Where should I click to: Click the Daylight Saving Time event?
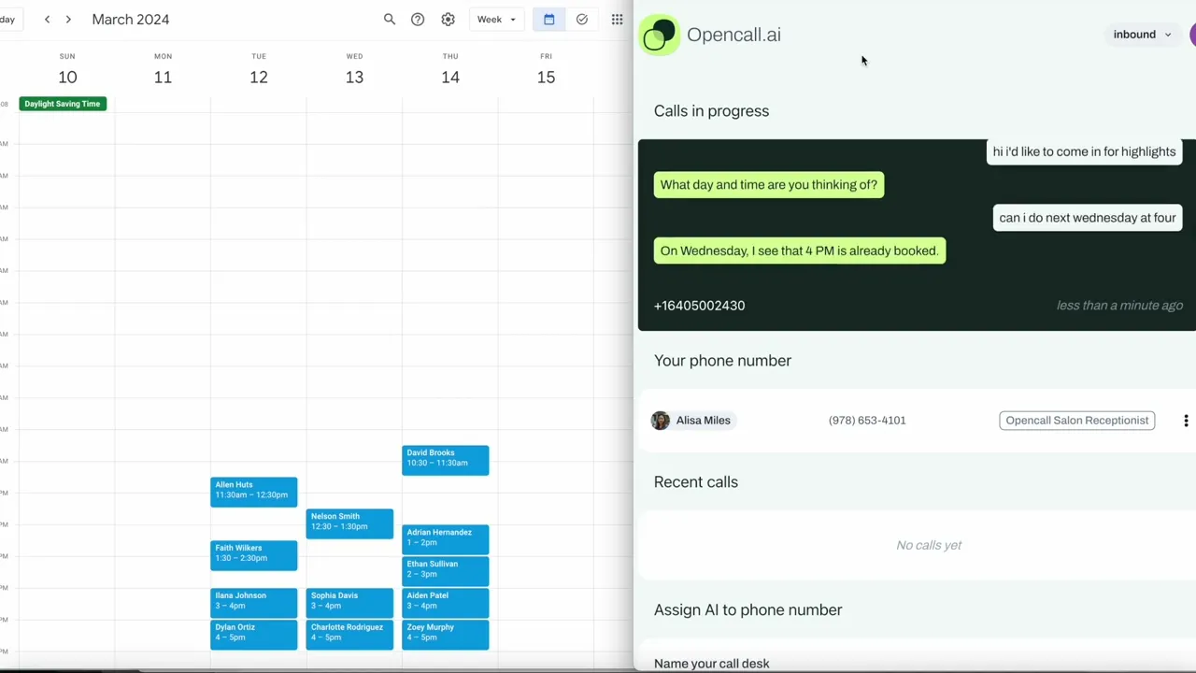pyautogui.click(x=63, y=104)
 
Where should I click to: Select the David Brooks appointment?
pyautogui.click(x=445, y=458)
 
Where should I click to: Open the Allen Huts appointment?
pyautogui.click(x=253, y=490)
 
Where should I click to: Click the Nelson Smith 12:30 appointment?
pyautogui.click(x=349, y=522)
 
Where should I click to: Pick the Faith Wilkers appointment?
pyautogui.click(x=253, y=553)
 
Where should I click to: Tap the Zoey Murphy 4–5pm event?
pyautogui.click(x=445, y=633)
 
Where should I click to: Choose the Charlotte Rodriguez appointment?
pyautogui.click(x=349, y=633)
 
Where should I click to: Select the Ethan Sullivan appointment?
pyautogui.click(x=445, y=569)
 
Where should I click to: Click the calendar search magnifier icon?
pyautogui.click(x=390, y=20)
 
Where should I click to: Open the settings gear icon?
pyautogui.click(x=448, y=20)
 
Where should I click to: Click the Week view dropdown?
pyautogui.click(x=496, y=20)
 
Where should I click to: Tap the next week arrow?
pyautogui.click(x=68, y=20)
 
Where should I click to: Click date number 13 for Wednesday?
pyautogui.click(x=354, y=78)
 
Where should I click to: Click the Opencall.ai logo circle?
pyautogui.click(x=660, y=36)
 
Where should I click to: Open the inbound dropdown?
pyautogui.click(x=1142, y=35)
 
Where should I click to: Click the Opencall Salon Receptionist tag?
pyautogui.click(x=1076, y=421)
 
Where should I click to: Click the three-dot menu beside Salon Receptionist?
pyautogui.click(x=1186, y=421)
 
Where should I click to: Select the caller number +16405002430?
pyautogui.click(x=699, y=306)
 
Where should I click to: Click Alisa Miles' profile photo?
pyautogui.click(x=661, y=421)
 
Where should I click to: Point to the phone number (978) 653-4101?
pyautogui.click(x=867, y=421)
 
